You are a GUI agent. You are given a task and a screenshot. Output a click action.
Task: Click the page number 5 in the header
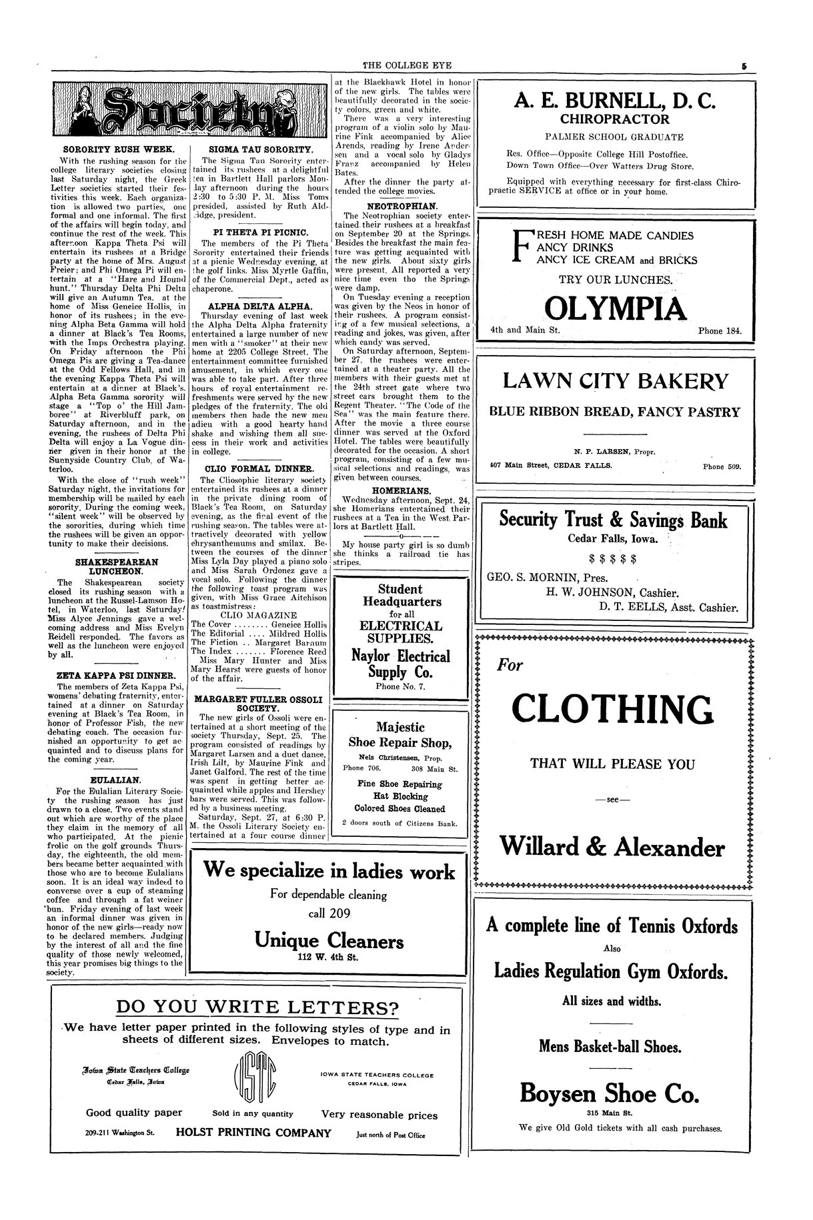click(x=743, y=65)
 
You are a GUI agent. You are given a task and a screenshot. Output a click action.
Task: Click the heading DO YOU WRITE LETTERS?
click(x=257, y=1007)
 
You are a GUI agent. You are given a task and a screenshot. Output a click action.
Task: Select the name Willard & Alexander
click(x=612, y=848)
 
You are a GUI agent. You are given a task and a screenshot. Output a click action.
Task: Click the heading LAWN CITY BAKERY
click(x=615, y=382)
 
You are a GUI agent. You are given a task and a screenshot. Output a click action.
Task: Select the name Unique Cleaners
click(x=329, y=941)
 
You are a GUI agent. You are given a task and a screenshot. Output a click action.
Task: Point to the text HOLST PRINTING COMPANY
click(x=253, y=1133)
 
